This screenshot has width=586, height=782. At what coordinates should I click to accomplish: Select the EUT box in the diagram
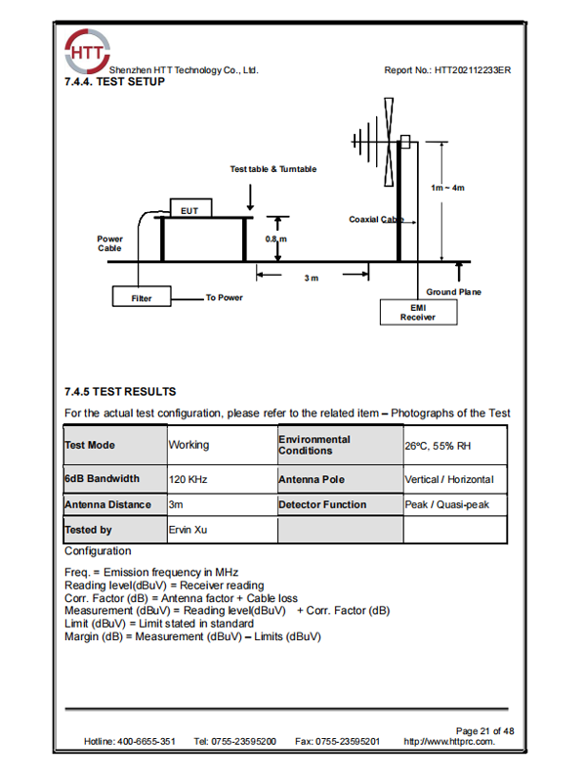(189, 209)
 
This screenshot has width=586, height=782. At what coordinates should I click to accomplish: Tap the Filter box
(143, 297)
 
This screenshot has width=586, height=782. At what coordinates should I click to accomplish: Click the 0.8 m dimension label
(276, 239)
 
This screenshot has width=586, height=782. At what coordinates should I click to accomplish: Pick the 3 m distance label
(311, 279)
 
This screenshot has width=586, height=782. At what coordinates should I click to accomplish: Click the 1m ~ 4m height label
(447, 187)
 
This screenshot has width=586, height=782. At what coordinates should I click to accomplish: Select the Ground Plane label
(453, 292)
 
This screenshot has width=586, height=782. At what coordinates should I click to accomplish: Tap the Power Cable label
(110, 243)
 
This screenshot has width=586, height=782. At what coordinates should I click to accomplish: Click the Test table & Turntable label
(273, 169)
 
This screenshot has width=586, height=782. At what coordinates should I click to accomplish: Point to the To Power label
(224, 297)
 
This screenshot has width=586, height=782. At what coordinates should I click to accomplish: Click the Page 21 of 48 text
(484, 730)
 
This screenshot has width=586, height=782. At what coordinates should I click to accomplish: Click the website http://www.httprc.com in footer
(449, 742)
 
